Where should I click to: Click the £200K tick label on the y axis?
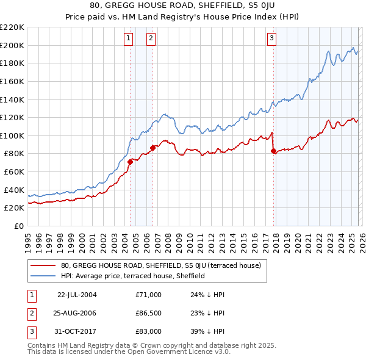click(12, 45)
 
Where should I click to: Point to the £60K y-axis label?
click(14, 172)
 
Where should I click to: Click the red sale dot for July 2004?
click(130, 162)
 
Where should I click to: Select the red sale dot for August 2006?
click(152, 148)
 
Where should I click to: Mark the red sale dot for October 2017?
click(273, 151)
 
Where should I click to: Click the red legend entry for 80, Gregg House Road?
click(161, 265)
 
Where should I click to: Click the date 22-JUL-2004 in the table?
click(77, 295)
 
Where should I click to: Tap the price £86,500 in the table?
click(149, 313)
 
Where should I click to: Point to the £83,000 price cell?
click(149, 331)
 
